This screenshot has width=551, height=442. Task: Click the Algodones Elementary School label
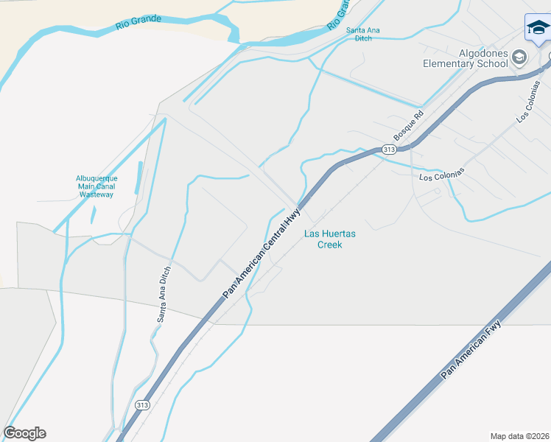[465, 58]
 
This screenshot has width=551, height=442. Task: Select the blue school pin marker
[538, 29]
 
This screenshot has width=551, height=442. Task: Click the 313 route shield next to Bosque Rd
[389, 150]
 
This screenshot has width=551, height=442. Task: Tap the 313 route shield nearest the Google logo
[144, 404]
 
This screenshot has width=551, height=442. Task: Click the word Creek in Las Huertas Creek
[329, 245]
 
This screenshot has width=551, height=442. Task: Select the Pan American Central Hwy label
[263, 252]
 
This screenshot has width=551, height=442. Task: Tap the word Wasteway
[96, 194]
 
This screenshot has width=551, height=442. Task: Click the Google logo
[24, 433]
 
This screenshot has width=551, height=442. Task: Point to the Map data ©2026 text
[519, 435]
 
